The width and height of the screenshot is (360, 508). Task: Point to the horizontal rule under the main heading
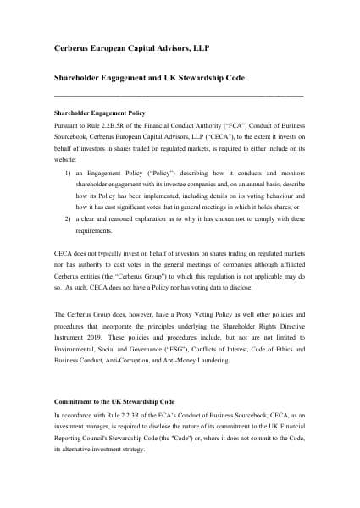(178, 95)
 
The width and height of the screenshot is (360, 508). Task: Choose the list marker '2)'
(67, 194)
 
